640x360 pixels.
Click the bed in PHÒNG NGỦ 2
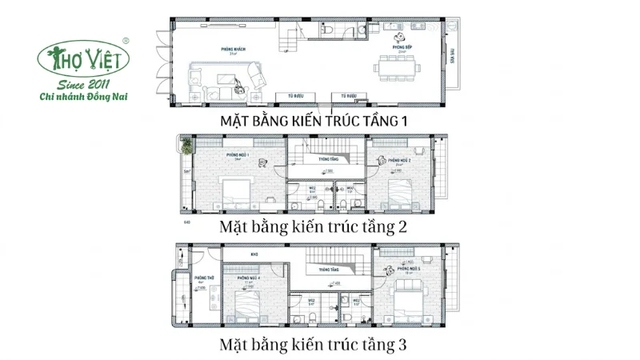coord(401,192)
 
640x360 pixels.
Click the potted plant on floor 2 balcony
coord(187,147)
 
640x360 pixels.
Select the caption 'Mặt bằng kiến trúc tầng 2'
coord(313,227)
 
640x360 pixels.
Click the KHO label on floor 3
coord(254,256)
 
